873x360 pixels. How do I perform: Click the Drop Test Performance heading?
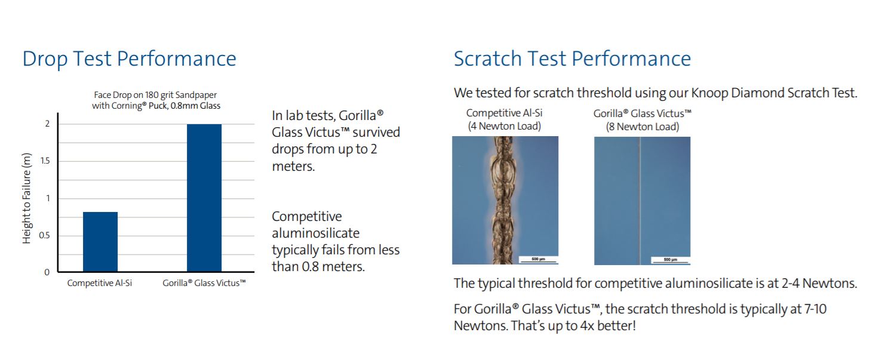[x=130, y=59]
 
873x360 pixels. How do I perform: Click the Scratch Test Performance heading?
[x=572, y=59]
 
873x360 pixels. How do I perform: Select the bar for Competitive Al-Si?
[x=100, y=242]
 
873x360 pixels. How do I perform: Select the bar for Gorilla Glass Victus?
[x=204, y=198]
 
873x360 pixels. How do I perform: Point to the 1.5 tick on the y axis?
[x=45, y=161]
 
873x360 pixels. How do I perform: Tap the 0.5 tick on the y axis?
[x=44, y=236]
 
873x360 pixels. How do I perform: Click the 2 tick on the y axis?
[x=48, y=124]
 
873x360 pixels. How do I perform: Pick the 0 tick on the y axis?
[x=47, y=272]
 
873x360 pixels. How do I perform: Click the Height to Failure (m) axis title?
[x=26, y=198]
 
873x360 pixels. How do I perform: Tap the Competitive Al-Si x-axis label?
[x=99, y=283]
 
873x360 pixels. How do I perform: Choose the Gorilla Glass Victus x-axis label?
[x=204, y=283]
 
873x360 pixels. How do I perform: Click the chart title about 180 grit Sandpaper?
[x=156, y=100]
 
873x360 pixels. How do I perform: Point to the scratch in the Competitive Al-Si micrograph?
[x=505, y=200]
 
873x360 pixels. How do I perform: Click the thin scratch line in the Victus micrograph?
[x=640, y=201]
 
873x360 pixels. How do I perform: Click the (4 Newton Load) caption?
[x=505, y=126]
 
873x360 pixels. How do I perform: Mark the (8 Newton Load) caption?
[x=643, y=127]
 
